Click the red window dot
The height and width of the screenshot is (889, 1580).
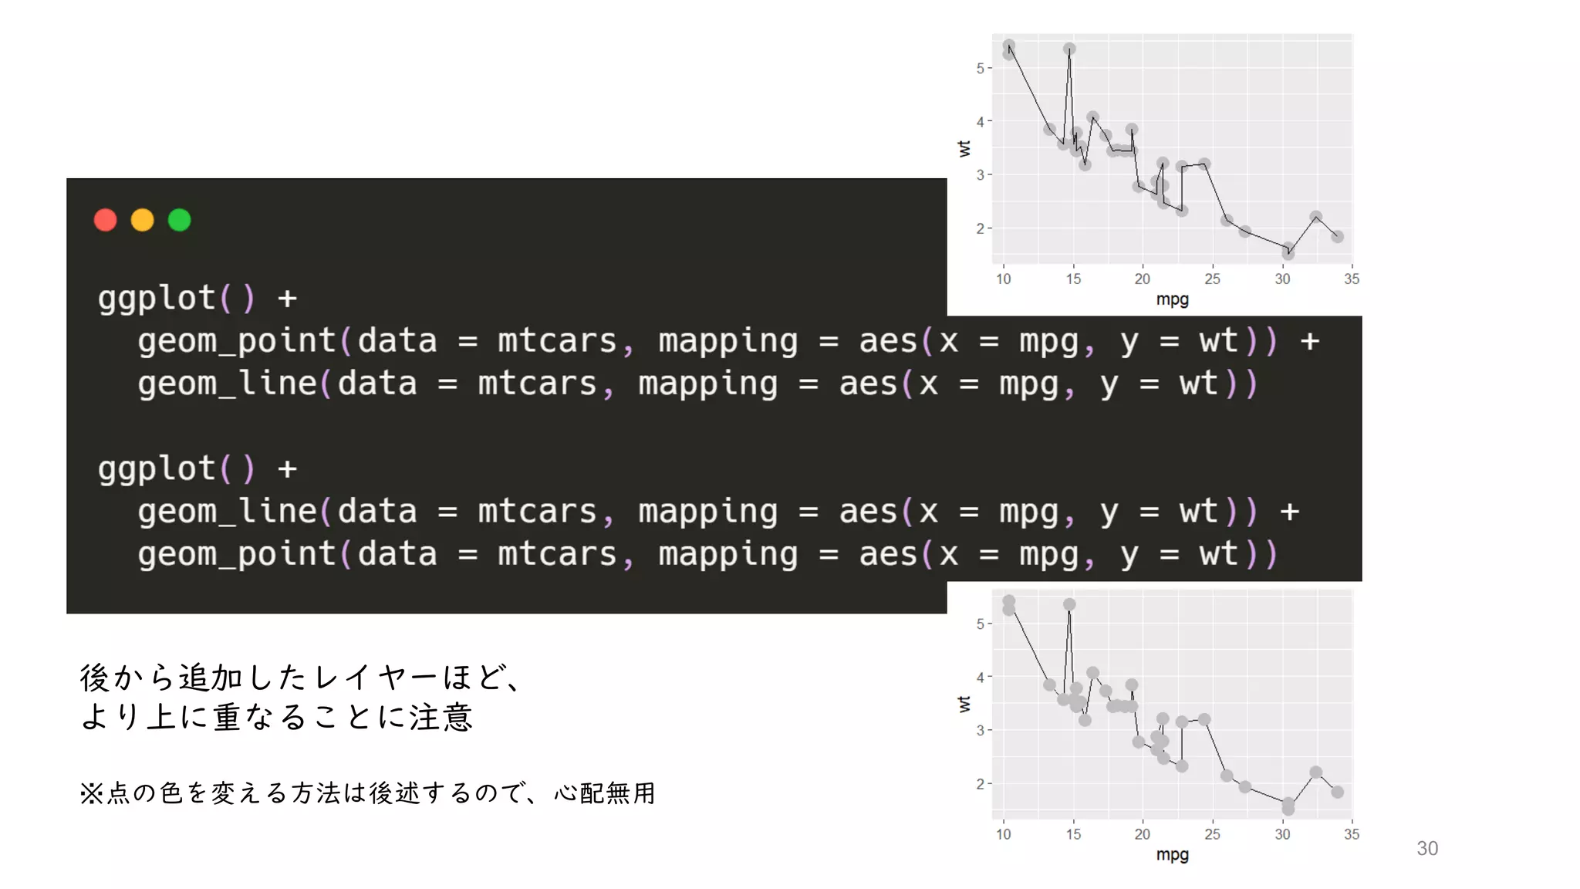click(106, 220)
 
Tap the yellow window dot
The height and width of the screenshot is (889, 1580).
click(143, 220)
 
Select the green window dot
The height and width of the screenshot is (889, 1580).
click(180, 220)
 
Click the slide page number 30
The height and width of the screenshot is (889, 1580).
click(1426, 848)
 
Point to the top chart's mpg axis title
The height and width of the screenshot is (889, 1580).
click(1172, 299)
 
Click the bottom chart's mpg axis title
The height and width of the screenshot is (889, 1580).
click(1172, 854)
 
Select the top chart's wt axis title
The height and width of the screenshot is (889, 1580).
click(964, 148)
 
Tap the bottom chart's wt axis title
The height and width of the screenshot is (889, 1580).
click(964, 703)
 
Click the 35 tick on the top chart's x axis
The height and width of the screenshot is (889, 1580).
click(1351, 279)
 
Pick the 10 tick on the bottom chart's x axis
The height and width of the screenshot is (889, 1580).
click(1003, 834)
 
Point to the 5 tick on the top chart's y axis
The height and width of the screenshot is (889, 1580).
click(980, 69)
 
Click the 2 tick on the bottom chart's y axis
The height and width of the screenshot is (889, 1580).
click(980, 783)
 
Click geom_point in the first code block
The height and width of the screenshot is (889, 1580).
click(236, 341)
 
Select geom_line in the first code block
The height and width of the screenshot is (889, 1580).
click(227, 384)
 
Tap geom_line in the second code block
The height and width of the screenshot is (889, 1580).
click(227, 512)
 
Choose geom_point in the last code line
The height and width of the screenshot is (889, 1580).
click(236, 554)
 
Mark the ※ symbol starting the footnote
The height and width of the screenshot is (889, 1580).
click(90, 793)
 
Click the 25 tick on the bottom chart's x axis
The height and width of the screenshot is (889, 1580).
click(1212, 834)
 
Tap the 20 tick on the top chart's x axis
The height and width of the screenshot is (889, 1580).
click(1142, 279)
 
